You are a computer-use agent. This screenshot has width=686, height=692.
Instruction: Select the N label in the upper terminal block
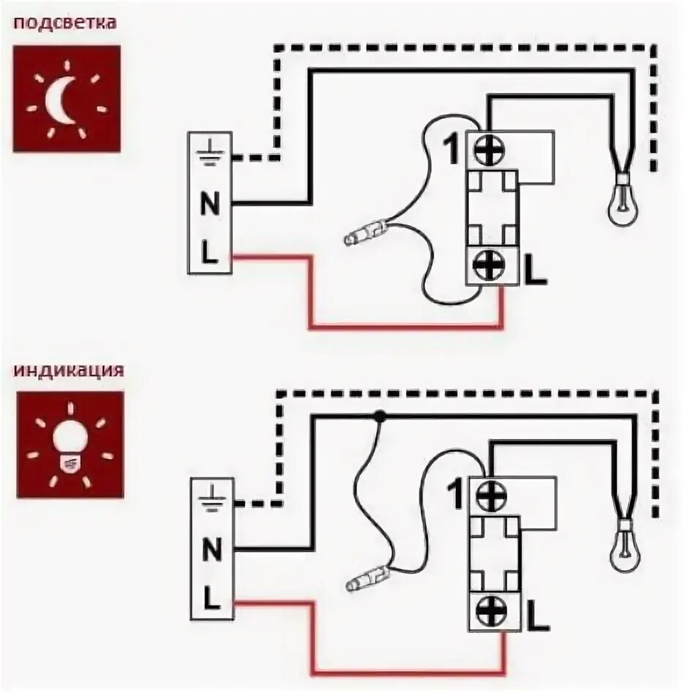point(210,205)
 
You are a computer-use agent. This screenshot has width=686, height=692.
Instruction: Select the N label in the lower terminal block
point(211,549)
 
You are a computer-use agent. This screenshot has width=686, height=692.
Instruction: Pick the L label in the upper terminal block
point(210,254)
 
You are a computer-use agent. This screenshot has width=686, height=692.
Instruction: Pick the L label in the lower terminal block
point(211,600)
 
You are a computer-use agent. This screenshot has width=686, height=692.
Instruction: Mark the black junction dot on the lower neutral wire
point(380,416)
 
